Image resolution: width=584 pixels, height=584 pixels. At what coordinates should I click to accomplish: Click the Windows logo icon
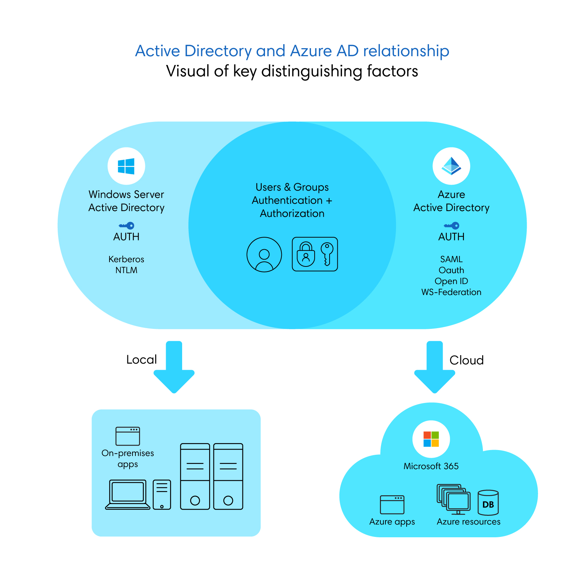[126, 166]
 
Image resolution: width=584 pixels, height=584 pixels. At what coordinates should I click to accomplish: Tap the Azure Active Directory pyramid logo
[451, 166]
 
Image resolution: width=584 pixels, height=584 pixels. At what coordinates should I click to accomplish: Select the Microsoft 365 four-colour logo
[431, 439]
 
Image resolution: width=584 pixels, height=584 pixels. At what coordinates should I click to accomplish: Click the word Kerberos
[126, 259]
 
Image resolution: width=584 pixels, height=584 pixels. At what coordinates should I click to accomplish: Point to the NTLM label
[126, 270]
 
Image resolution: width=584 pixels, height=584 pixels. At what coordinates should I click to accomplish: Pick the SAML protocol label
[451, 259]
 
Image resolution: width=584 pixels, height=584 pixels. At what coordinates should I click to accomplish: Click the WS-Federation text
[451, 292]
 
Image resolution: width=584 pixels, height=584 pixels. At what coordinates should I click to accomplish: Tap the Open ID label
[451, 281]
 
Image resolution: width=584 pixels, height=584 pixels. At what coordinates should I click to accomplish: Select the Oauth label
[451, 270]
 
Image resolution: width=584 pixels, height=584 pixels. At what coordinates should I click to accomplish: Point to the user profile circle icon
[264, 254]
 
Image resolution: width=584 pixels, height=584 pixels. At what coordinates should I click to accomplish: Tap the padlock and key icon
[315, 254]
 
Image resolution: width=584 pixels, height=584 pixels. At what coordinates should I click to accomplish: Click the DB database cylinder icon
[488, 503]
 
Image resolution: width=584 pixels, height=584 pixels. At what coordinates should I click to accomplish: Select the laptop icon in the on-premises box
[128, 494]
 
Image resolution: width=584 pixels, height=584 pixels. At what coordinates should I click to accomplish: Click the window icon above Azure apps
[392, 504]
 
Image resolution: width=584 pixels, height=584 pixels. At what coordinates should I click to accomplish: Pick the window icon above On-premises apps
[128, 436]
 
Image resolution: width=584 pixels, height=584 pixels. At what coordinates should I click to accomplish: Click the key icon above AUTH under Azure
[452, 226]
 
